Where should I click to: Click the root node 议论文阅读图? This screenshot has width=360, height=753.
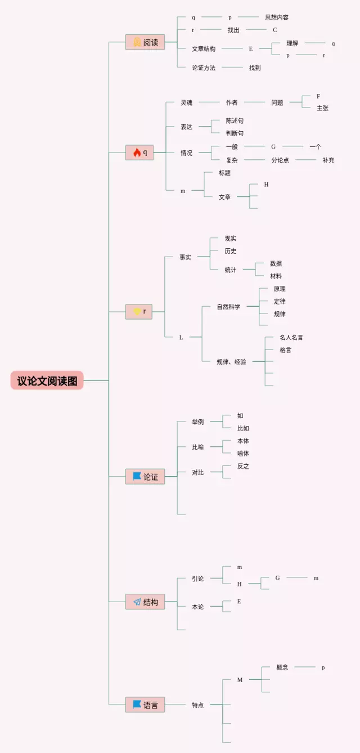pos(47,380)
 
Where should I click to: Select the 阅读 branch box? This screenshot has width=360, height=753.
pos(145,42)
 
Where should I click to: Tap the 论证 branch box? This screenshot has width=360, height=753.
pos(145,477)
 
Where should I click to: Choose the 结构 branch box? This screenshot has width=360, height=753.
pos(145,602)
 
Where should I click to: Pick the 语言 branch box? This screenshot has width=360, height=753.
pos(145,705)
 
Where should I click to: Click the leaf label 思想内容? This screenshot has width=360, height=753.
pos(277,17)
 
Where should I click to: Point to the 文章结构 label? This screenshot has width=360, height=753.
pos(204,49)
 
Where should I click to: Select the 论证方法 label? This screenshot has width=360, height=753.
pos(204,68)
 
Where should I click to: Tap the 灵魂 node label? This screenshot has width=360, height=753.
pos(186,102)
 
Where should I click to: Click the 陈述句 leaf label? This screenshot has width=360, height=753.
pos(235,120)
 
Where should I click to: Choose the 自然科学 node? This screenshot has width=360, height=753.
pos(228,307)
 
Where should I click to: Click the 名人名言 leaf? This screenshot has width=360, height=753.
pos(291,337)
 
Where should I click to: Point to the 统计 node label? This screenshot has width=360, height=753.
pos(231,270)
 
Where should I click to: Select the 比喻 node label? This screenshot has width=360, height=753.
pos(197,447)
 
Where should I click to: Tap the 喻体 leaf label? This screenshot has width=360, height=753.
pos(243,453)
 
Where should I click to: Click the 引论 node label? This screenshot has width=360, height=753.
pos(197,578)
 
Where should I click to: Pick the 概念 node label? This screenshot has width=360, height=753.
pos(282,667)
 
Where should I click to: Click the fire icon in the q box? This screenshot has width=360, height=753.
pos(137,152)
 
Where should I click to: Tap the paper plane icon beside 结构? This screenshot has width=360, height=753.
pos(137,602)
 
